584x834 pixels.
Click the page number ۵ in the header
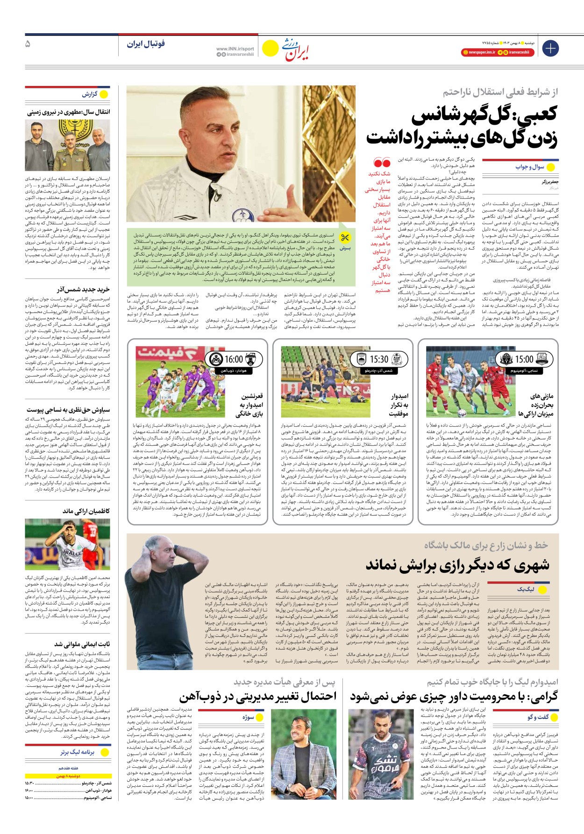point(28,44)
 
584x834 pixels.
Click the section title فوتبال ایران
point(146,44)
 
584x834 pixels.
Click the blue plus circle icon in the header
point(551,48)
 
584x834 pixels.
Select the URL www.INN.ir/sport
point(235,49)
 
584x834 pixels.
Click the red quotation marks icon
point(382,163)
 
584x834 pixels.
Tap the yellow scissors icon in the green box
point(345,238)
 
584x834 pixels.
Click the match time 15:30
point(379,359)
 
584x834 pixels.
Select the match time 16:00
point(234,359)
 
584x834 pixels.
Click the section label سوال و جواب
point(530,167)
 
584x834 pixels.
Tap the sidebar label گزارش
point(90,94)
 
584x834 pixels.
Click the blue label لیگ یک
point(526,589)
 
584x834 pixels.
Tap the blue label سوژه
point(248,717)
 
